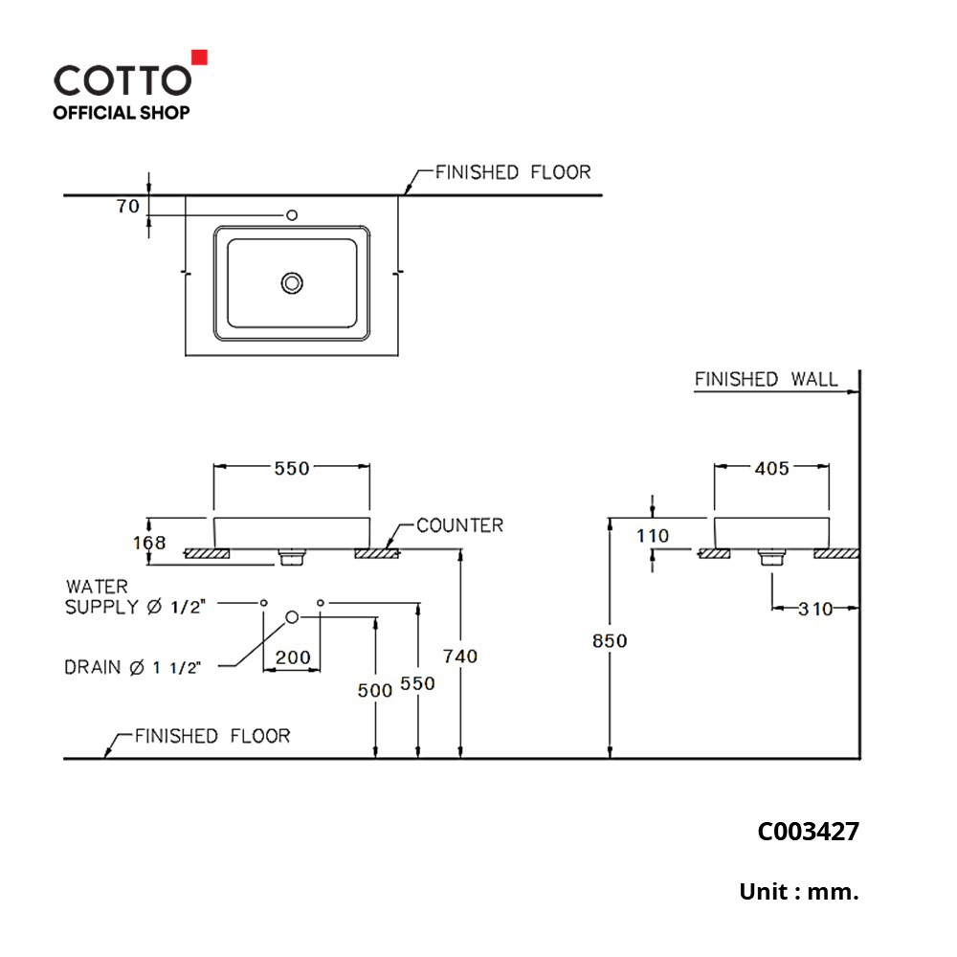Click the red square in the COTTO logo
tap(200, 57)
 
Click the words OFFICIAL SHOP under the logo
tap(122, 113)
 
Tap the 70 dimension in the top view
tap(128, 207)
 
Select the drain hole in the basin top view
tap(292, 283)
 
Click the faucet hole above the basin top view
tap(292, 214)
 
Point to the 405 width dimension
tap(772, 468)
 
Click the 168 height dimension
tap(149, 543)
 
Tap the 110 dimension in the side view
tap(653, 536)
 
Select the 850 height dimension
tap(610, 641)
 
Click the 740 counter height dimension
tap(460, 657)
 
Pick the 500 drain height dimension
tap(375, 690)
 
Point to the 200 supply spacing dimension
tap(293, 657)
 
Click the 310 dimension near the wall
tap(815, 609)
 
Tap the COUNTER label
tap(460, 525)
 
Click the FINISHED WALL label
tap(766, 379)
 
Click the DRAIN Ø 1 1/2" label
tap(132, 667)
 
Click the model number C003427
tap(808, 832)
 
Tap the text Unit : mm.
tap(799, 892)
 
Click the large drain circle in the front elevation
tap(292, 617)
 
